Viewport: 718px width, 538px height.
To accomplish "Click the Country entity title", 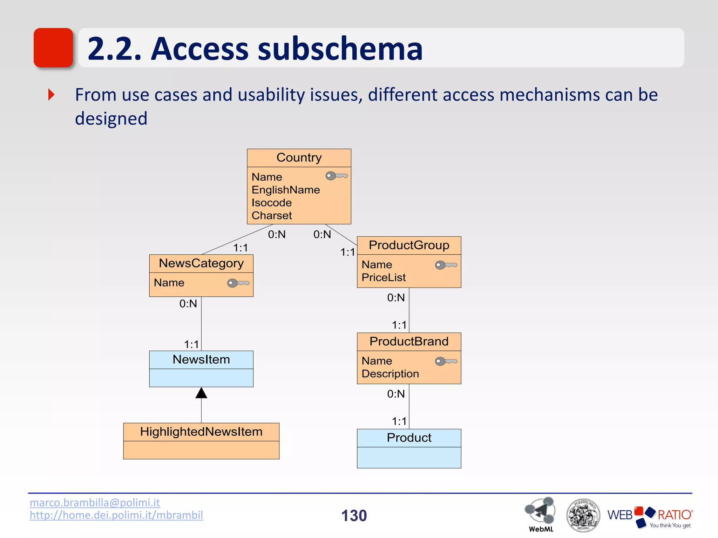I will point(299,158).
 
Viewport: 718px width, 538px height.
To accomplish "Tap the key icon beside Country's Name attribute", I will point(336,176).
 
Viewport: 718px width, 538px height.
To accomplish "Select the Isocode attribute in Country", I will point(271,203).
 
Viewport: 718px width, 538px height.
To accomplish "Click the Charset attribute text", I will point(271,215).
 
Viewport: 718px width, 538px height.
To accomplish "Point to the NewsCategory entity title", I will point(201,263).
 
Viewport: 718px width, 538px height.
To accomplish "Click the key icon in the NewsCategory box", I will point(238,283).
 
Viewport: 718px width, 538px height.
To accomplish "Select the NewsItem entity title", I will point(201,360).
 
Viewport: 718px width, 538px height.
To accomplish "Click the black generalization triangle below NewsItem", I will point(201,393).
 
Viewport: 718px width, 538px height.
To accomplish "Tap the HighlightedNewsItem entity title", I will point(201,432).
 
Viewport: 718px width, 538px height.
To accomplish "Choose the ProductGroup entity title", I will point(409,245).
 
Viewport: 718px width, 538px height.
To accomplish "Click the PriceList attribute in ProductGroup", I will point(383,277).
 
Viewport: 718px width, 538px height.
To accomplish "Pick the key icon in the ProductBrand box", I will point(446,361).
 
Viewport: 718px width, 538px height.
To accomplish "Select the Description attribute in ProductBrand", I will point(390,374).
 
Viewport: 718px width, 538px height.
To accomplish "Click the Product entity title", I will point(409,438).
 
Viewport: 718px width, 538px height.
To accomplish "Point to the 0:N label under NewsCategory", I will point(188,304).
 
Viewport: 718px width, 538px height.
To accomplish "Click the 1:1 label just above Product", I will point(399,421).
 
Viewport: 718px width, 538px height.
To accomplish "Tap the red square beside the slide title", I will point(53,48).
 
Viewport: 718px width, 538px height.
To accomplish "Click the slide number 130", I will point(354,516).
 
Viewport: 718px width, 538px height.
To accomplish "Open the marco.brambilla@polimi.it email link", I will point(95,503).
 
